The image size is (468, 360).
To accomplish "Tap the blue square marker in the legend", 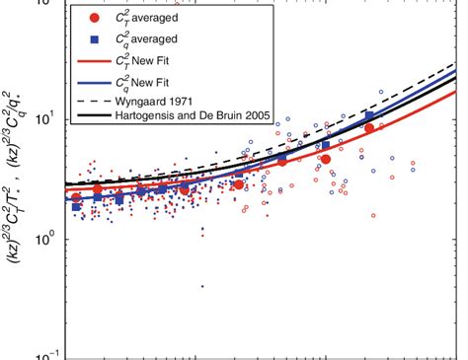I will (x=93, y=39).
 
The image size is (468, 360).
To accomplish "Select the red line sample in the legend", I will (x=93, y=60).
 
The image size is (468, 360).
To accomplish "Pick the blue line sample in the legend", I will (x=93, y=81).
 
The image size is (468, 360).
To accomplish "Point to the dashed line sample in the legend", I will (x=93, y=101).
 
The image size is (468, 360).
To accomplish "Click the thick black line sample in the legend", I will (x=93, y=117).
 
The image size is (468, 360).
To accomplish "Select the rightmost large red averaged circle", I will (x=369, y=128).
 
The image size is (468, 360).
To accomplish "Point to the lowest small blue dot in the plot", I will (x=202, y=287).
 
